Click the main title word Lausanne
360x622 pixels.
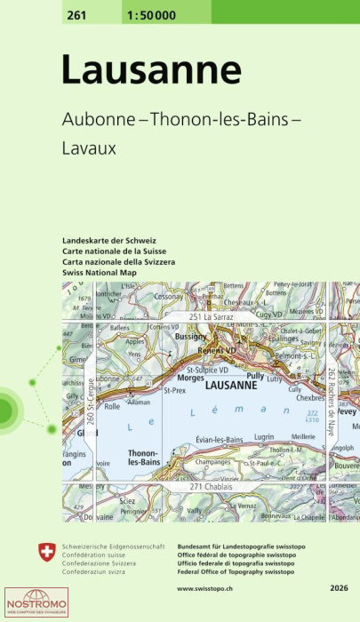point(151,71)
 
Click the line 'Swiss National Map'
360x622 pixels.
point(104,272)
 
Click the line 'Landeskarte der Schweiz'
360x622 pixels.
point(109,242)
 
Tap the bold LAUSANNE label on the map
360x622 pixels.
point(231,387)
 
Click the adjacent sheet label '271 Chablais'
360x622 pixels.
point(214,489)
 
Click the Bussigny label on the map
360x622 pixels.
point(191,338)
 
